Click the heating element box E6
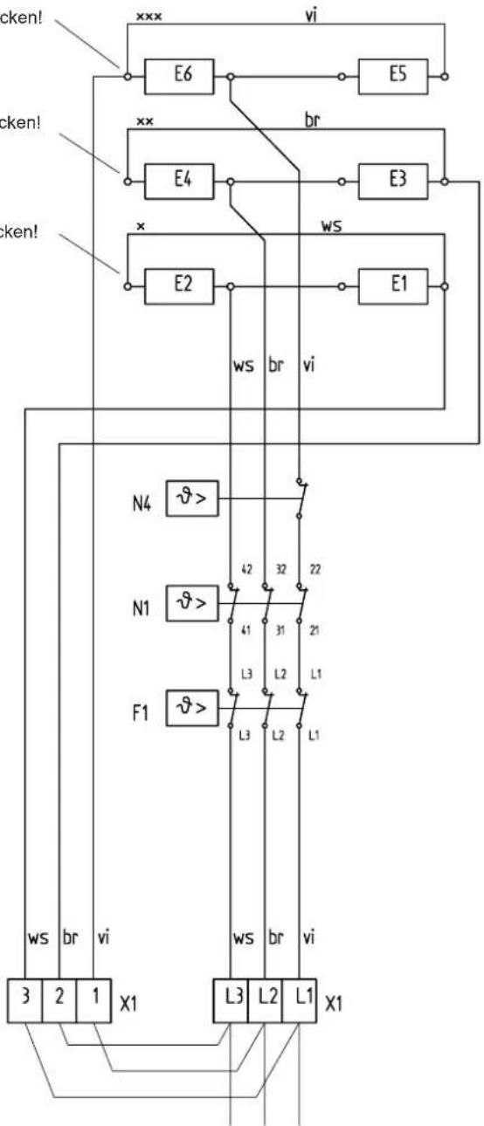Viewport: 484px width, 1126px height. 177,76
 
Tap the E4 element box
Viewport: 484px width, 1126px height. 177,182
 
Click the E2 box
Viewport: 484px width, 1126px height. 177,285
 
